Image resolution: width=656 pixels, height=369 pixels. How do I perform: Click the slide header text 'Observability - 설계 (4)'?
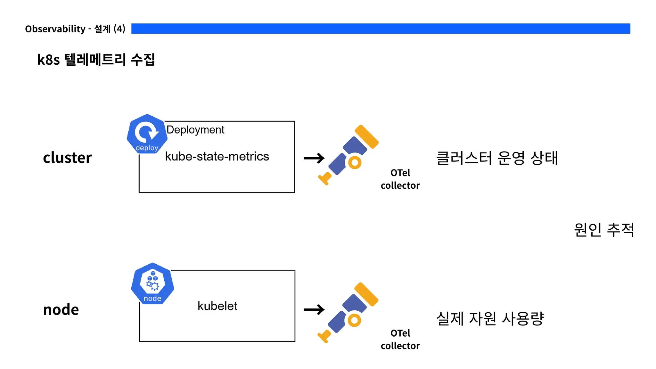pos(75,29)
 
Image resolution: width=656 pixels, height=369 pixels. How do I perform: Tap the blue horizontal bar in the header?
pos(381,29)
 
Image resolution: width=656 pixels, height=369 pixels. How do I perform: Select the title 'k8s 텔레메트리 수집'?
pos(96,60)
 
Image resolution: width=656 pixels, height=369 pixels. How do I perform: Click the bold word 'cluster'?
pos(67,158)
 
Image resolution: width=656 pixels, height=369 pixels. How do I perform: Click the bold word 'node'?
pos(61,309)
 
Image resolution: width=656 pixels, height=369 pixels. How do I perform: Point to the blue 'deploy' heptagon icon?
pos(147,134)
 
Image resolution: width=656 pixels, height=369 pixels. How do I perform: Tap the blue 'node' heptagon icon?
pos(152,283)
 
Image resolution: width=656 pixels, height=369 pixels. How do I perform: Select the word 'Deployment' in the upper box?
pos(195,130)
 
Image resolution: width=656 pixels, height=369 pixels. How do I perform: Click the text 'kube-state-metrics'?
pos(217,156)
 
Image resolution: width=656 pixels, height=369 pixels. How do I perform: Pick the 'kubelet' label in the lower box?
pos(217,306)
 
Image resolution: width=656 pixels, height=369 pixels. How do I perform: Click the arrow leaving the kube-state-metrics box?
pos(314,158)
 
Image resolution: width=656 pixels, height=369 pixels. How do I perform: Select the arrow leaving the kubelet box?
pos(314,309)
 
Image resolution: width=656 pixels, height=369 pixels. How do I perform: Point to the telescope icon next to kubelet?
pos(348,312)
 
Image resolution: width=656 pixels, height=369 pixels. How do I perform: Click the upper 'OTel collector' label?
pos(400,179)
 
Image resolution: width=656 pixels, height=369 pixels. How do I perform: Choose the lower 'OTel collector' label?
pos(400,340)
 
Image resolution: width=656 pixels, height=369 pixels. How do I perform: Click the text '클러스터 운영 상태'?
pos(497,158)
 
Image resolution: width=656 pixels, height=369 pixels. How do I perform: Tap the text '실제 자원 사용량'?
pos(490,318)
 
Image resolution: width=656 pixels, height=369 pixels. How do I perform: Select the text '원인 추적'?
pos(604,230)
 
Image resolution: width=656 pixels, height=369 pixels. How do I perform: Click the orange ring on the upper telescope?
pos(355,162)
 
